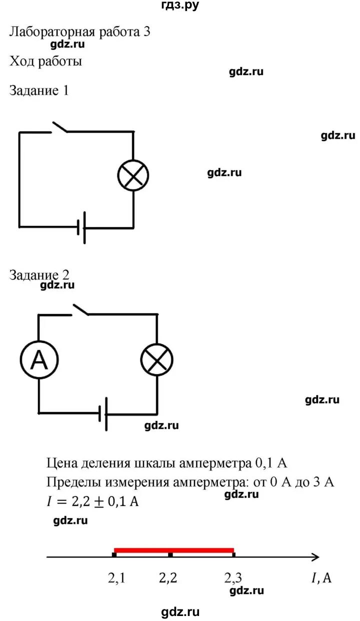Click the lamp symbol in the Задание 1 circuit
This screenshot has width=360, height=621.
[x=133, y=175]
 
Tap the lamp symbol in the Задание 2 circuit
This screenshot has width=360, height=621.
[x=156, y=359]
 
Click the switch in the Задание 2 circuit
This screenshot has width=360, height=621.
[x=80, y=309]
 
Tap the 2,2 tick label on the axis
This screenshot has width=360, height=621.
[x=168, y=578]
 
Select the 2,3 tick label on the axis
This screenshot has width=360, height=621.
[x=233, y=578]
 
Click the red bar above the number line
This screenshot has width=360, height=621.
[x=173, y=549]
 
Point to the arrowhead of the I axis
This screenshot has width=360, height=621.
[x=315, y=556]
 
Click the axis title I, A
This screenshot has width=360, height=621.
[x=321, y=578]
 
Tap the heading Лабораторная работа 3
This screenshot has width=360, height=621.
[x=80, y=32]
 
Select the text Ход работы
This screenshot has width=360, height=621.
[x=45, y=61]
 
